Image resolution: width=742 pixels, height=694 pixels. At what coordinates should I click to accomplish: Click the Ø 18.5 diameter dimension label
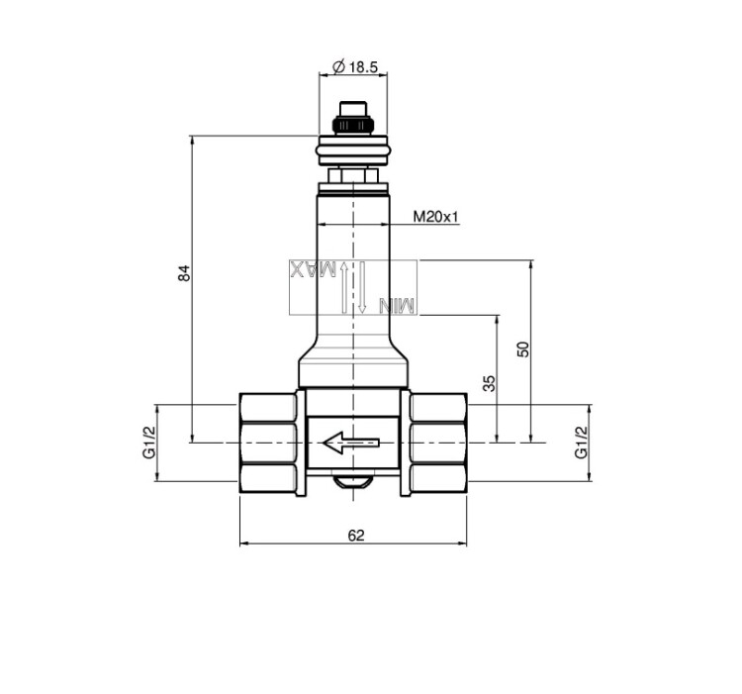click(355, 67)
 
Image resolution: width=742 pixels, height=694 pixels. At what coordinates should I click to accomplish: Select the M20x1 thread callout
click(436, 217)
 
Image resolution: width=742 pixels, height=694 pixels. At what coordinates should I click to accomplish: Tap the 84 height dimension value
click(184, 273)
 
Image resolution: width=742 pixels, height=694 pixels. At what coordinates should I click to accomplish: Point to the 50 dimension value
click(523, 348)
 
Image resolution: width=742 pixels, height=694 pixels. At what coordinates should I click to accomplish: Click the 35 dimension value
click(491, 383)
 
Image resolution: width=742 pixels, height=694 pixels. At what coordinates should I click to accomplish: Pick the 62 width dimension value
click(356, 536)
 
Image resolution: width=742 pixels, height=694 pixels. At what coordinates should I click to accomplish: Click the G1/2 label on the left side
click(149, 443)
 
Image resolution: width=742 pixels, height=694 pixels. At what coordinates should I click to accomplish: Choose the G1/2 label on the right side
click(581, 443)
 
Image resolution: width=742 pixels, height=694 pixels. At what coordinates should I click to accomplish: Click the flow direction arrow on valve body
click(350, 443)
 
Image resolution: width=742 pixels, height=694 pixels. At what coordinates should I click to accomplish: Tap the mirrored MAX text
click(314, 269)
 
